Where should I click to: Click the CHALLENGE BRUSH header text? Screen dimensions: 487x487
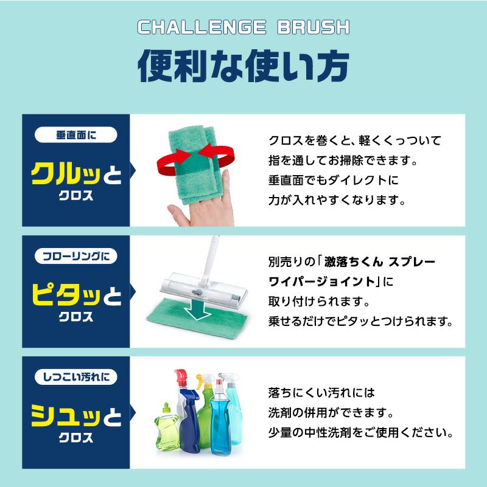click(243, 27)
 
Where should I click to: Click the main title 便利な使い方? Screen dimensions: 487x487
click(243, 66)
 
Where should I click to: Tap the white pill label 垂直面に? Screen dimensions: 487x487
click(76, 135)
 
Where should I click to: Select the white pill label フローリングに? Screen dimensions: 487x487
click(76, 256)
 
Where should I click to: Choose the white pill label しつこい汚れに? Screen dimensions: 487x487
click(76, 377)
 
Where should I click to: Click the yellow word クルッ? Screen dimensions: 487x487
click(66, 174)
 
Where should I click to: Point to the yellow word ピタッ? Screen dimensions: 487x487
click(66, 294)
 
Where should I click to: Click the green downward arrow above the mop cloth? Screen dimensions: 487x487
click(198, 309)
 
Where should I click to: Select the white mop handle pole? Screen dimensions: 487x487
click(211, 260)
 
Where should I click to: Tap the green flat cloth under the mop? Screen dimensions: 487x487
click(197, 316)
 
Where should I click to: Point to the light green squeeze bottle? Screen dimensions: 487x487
click(167, 427)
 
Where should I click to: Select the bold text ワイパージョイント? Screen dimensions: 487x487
click(322, 281)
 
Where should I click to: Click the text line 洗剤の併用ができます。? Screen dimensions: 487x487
click(331, 412)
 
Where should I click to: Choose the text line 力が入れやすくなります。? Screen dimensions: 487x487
click(337, 199)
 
